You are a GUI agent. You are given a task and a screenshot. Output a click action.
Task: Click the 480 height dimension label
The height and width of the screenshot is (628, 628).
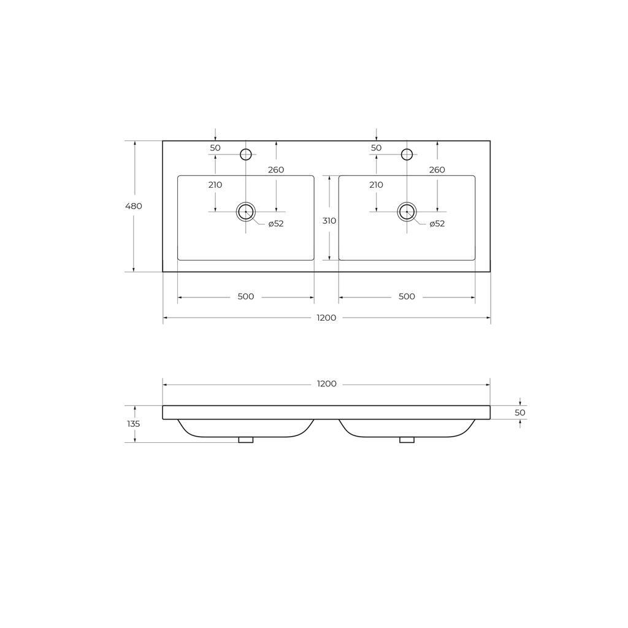134,206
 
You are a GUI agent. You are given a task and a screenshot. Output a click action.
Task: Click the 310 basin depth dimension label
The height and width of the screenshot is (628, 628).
329,221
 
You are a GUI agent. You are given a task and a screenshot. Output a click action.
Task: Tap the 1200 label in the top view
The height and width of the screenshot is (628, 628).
326,318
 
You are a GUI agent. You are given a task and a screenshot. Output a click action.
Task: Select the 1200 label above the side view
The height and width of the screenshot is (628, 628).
326,384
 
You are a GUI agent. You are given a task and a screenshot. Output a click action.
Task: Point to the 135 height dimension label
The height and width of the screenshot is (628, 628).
133,424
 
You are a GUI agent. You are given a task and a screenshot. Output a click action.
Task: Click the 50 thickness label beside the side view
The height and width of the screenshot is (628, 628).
520,413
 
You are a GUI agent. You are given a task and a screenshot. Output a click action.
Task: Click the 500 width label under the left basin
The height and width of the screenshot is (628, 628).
246,297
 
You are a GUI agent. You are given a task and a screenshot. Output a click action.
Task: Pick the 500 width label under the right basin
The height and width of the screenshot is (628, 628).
407,297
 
